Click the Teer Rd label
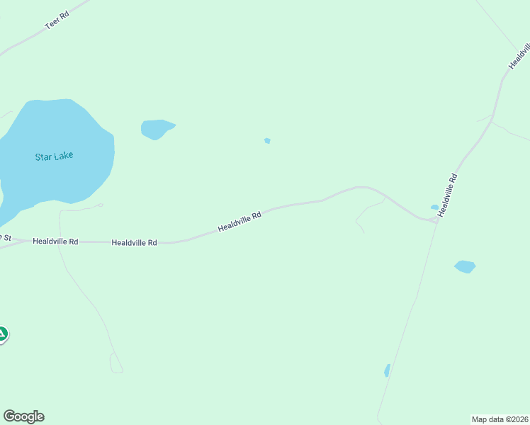(x=56, y=21)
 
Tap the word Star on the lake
(x=43, y=157)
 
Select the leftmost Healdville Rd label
(x=55, y=242)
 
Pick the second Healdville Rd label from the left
(x=134, y=242)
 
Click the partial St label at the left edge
(x=6, y=237)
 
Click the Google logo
(x=23, y=416)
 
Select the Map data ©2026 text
(x=500, y=419)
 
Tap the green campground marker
(x=2, y=334)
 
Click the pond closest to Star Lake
(x=156, y=129)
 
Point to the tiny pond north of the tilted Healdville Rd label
(x=267, y=140)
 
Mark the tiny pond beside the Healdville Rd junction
(x=434, y=208)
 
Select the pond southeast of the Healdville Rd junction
(x=465, y=266)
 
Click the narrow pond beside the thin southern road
(x=387, y=370)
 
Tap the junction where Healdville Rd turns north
(x=436, y=220)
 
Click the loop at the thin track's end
(x=116, y=363)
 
